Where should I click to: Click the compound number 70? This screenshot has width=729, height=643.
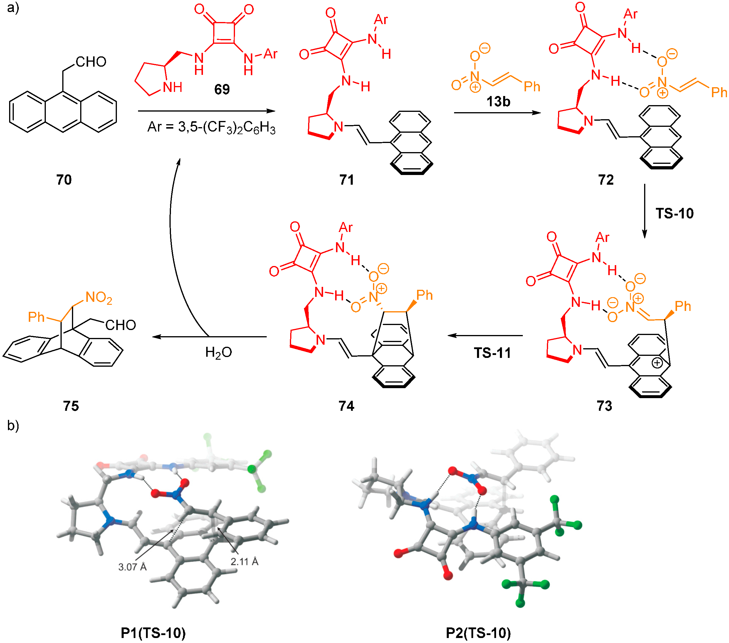point(64,180)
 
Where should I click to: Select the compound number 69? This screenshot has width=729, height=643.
point(222,89)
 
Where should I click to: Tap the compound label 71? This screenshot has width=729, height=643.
point(347,180)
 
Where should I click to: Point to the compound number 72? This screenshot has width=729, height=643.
point(606,180)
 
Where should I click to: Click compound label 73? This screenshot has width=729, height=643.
point(604,405)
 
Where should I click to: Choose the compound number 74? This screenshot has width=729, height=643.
point(346,405)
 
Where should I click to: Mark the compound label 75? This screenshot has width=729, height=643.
point(71,405)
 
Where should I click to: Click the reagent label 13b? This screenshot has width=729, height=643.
point(498,102)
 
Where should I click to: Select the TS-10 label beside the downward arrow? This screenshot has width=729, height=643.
point(674,213)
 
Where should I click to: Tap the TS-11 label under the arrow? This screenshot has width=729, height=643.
point(492,353)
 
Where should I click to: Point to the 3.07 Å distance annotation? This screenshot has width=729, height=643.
point(132,567)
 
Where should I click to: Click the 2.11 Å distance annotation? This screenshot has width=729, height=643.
point(244,562)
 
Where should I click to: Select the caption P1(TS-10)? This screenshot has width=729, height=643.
point(153,633)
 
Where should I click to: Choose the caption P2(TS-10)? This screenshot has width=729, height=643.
point(478,633)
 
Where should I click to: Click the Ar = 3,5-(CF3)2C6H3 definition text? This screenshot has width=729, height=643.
point(211,127)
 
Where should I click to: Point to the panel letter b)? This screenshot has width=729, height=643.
point(13,425)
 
